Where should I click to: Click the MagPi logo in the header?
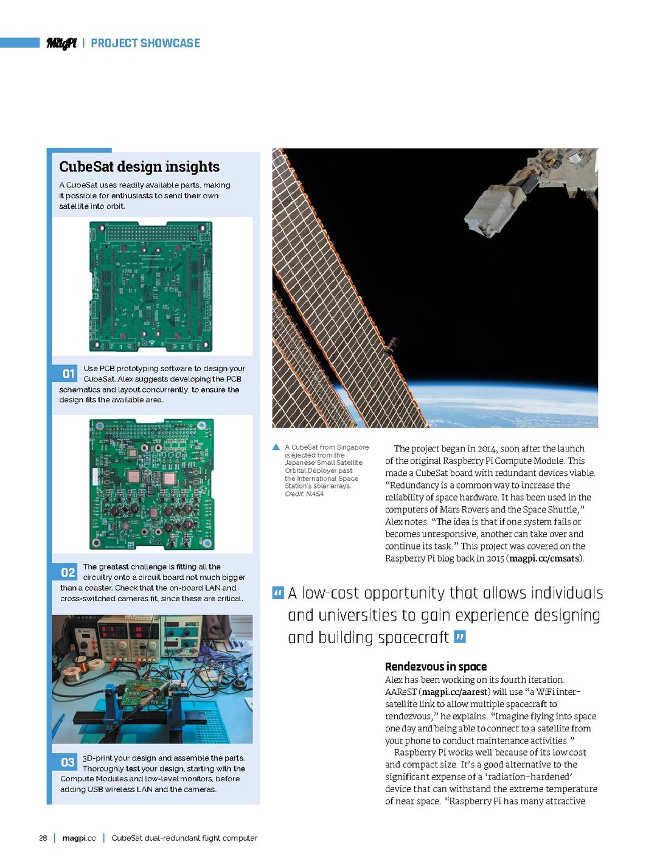point(61,43)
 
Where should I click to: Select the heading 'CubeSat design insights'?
point(139,167)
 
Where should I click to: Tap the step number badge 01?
point(68,374)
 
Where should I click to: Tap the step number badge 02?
point(68,572)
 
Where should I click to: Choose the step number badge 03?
point(68,762)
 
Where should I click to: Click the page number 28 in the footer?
point(43,838)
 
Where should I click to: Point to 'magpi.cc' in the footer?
point(79,838)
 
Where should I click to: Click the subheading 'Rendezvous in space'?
point(436,667)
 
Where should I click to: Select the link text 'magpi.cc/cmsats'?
point(544,559)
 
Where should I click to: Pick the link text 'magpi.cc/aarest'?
point(454,692)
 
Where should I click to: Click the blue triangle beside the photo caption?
point(277,447)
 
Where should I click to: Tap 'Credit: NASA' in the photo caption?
point(304,494)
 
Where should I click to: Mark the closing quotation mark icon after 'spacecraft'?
point(460,637)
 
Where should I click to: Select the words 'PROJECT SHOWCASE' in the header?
point(145,43)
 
